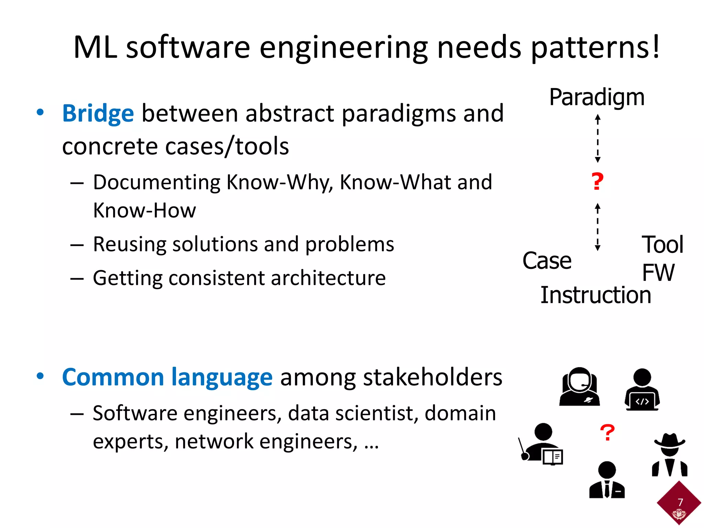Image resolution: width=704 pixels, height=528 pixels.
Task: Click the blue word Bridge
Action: [98, 113]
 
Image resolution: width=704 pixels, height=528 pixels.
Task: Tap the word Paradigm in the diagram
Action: [597, 97]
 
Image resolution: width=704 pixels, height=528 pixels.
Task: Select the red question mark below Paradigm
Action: [597, 182]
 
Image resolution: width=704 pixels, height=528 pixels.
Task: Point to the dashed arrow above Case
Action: [597, 227]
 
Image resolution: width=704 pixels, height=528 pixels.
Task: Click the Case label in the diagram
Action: [547, 261]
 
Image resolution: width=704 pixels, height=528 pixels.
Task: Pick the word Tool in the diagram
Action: [662, 245]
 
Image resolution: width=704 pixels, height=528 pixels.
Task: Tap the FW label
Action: [658, 273]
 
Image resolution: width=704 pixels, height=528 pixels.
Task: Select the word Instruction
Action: [596, 295]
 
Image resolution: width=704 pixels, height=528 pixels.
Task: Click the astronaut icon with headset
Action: [580, 386]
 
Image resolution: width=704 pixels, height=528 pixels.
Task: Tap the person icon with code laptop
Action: [642, 389]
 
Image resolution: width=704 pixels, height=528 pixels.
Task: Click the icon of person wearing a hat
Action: [670, 454]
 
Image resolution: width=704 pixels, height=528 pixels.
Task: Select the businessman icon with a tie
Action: [607, 480]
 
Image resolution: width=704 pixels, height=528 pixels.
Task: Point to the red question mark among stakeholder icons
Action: [607, 433]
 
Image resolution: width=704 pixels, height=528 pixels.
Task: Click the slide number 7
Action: [680, 502]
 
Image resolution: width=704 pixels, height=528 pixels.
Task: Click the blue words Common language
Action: [167, 377]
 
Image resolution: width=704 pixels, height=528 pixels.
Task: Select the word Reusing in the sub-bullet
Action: [129, 244]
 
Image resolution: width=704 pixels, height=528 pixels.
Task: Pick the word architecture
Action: [328, 278]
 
